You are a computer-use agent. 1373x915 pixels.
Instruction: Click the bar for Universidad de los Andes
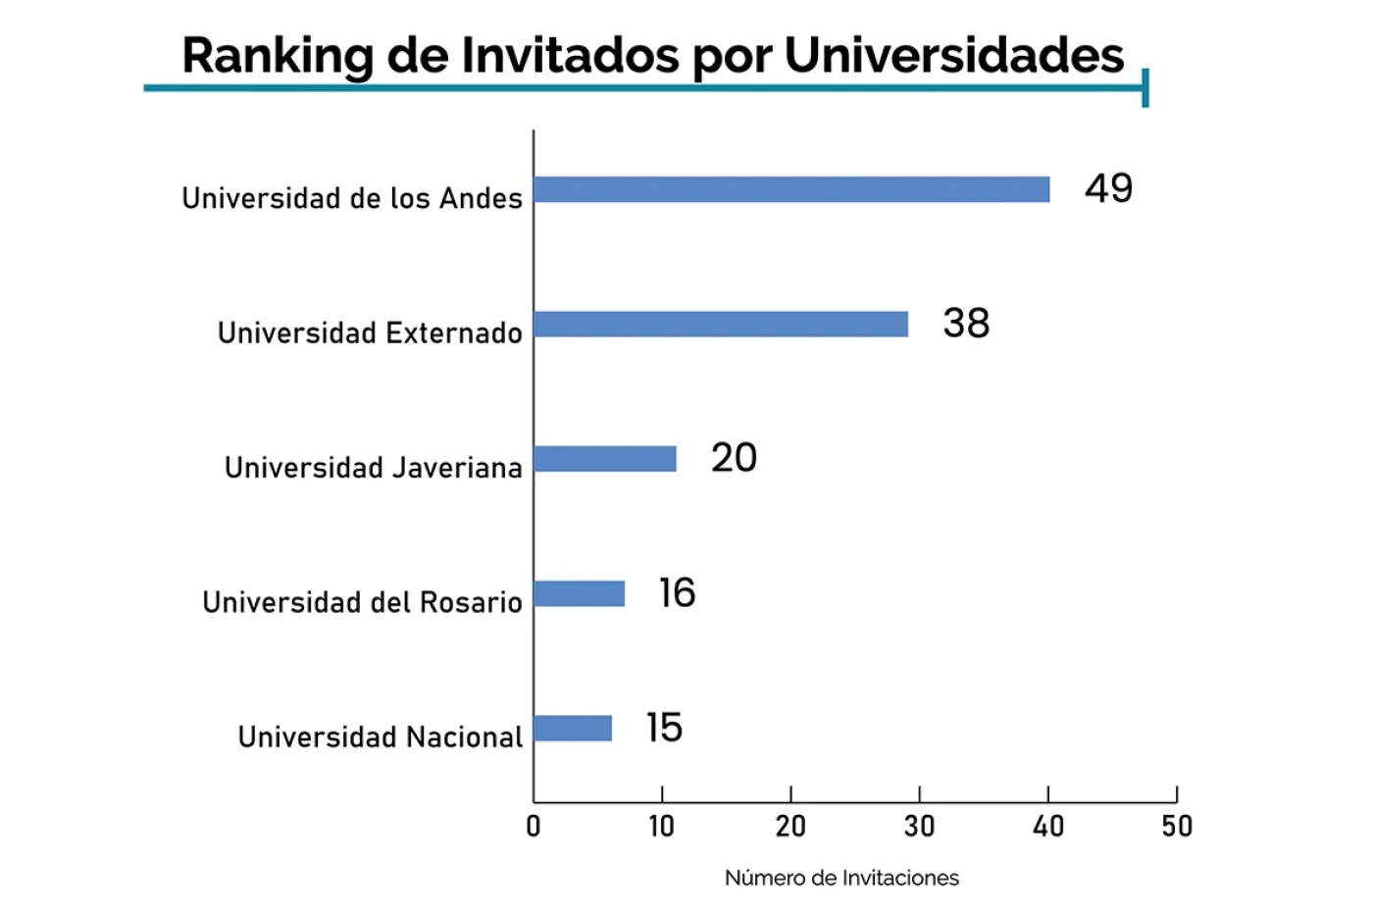pyautogui.click(x=791, y=189)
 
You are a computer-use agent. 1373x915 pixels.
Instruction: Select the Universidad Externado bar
pyautogui.click(x=721, y=324)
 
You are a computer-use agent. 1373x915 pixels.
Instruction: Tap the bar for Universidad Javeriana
pyautogui.click(x=605, y=458)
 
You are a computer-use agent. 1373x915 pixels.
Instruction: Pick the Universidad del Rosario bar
pyautogui.click(x=580, y=593)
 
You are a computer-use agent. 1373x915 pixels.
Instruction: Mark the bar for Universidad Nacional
pyautogui.click(x=573, y=728)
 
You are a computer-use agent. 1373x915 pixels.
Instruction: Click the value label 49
pyautogui.click(x=1108, y=188)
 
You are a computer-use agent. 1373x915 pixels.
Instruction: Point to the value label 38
pyautogui.click(x=966, y=323)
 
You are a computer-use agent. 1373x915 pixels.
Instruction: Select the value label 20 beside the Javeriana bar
pyautogui.click(x=734, y=458)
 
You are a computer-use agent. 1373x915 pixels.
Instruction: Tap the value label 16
pyautogui.click(x=677, y=592)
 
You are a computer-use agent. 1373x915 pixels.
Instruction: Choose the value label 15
pyautogui.click(x=664, y=728)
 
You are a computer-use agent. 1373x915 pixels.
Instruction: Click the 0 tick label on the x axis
pyautogui.click(x=534, y=827)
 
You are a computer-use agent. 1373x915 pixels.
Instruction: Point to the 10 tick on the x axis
pyautogui.click(x=662, y=827)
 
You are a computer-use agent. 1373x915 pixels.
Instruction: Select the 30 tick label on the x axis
pyautogui.click(x=919, y=827)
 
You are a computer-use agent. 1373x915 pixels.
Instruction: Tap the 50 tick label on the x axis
pyautogui.click(x=1177, y=827)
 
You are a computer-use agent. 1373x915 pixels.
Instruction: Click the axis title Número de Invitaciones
pyautogui.click(x=841, y=878)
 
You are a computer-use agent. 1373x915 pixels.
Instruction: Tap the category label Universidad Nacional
pyautogui.click(x=381, y=737)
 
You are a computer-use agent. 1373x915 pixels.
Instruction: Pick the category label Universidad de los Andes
pyautogui.click(x=352, y=198)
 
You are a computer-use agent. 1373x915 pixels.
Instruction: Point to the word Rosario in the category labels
pyautogui.click(x=471, y=602)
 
